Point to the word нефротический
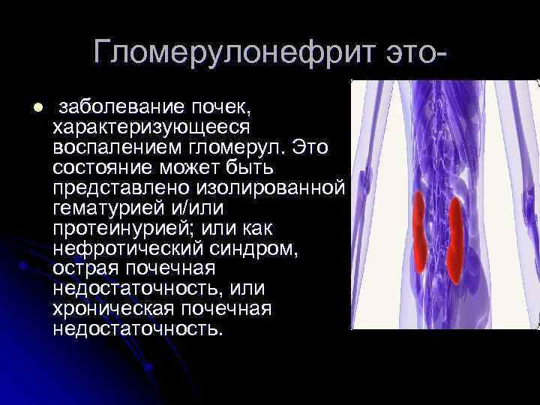(x=129, y=247)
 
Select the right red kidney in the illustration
(x=454, y=240)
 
